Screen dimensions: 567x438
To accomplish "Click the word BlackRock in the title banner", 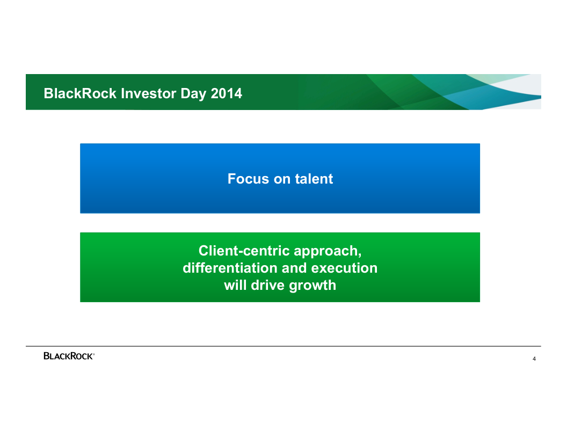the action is (80, 93).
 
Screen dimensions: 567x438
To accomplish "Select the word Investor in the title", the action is (149, 93).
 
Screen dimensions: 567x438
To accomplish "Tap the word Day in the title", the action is (193, 94).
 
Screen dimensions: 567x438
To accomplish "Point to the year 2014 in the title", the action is (227, 93).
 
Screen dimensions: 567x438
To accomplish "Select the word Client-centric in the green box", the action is (244, 251).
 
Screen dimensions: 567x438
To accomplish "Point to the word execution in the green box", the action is (344, 268).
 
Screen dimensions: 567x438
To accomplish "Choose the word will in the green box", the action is (235, 285).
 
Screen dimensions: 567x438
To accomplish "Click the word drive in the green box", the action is (267, 285).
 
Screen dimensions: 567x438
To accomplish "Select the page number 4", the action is (534, 359).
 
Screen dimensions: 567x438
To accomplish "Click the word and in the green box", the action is (294, 268).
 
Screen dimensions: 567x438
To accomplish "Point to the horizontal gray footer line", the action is (283, 346).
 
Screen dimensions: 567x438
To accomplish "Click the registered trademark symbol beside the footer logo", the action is (93, 354).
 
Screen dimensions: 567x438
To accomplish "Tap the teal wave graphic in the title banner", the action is (470, 92).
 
